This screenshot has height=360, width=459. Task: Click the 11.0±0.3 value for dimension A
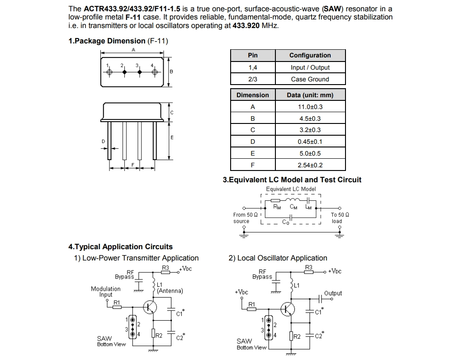click(310, 107)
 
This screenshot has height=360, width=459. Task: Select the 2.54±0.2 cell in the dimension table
click(310, 165)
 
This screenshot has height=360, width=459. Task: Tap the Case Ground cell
click(310, 79)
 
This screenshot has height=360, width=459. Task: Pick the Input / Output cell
click(310, 67)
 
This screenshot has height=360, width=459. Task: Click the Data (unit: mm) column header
click(310, 95)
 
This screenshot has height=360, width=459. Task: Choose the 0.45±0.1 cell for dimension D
click(310, 142)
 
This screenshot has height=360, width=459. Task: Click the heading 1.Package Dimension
click(107, 41)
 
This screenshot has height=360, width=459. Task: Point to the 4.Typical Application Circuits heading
click(121, 247)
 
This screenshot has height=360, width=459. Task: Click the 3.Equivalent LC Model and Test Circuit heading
click(292, 180)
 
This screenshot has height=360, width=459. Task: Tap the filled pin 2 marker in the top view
click(124, 72)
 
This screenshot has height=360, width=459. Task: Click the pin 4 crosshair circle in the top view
click(155, 72)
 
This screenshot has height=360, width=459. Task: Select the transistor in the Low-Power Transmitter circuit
click(150, 308)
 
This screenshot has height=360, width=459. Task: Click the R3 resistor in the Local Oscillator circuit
click(308, 272)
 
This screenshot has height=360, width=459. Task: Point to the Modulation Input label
click(106, 292)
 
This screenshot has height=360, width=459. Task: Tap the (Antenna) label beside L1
click(170, 291)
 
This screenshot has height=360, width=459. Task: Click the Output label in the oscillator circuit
click(333, 293)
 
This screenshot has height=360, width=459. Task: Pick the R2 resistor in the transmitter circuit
click(153, 333)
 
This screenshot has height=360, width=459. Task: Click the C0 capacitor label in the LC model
click(286, 222)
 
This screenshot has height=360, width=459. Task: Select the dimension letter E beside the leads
click(172, 137)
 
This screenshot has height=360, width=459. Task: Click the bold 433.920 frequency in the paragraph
click(246, 25)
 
